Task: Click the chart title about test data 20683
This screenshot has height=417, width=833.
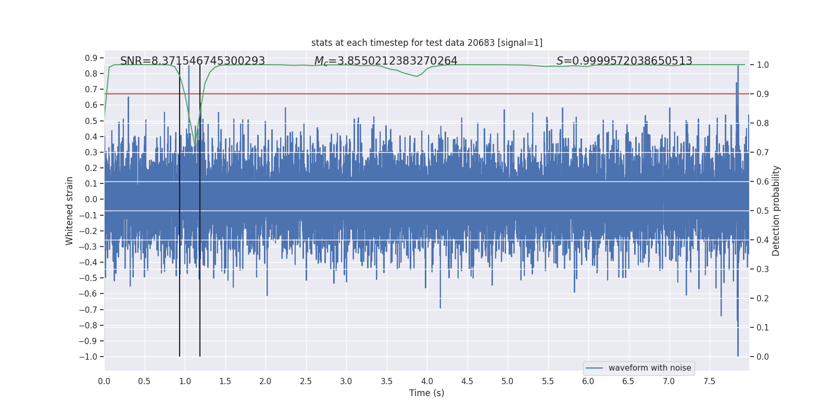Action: (x=426, y=43)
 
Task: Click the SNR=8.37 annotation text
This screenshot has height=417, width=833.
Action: (x=193, y=61)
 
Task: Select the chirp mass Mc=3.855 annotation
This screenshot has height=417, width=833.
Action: (x=386, y=61)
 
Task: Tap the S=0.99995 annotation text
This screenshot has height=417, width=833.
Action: (x=624, y=61)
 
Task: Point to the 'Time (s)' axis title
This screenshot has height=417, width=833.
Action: (x=426, y=393)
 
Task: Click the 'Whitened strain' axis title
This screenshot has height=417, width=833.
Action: (x=70, y=211)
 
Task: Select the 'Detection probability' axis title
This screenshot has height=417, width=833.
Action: (x=776, y=211)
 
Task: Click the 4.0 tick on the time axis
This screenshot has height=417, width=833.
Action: (x=427, y=381)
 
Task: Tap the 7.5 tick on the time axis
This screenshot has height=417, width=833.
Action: (x=709, y=381)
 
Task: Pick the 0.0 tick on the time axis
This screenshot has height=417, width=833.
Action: (x=104, y=381)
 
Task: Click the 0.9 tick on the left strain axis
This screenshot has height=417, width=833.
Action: (x=91, y=58)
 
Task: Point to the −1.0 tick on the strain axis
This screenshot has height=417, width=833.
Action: (x=88, y=357)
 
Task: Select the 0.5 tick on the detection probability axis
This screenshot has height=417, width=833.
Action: (x=763, y=211)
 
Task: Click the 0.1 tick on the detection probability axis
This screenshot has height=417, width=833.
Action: (x=763, y=327)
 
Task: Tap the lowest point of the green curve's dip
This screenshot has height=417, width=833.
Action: (x=195, y=145)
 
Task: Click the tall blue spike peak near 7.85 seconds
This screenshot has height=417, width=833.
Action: (x=738, y=66)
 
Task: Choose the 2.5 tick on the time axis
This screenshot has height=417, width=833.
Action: (x=306, y=381)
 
